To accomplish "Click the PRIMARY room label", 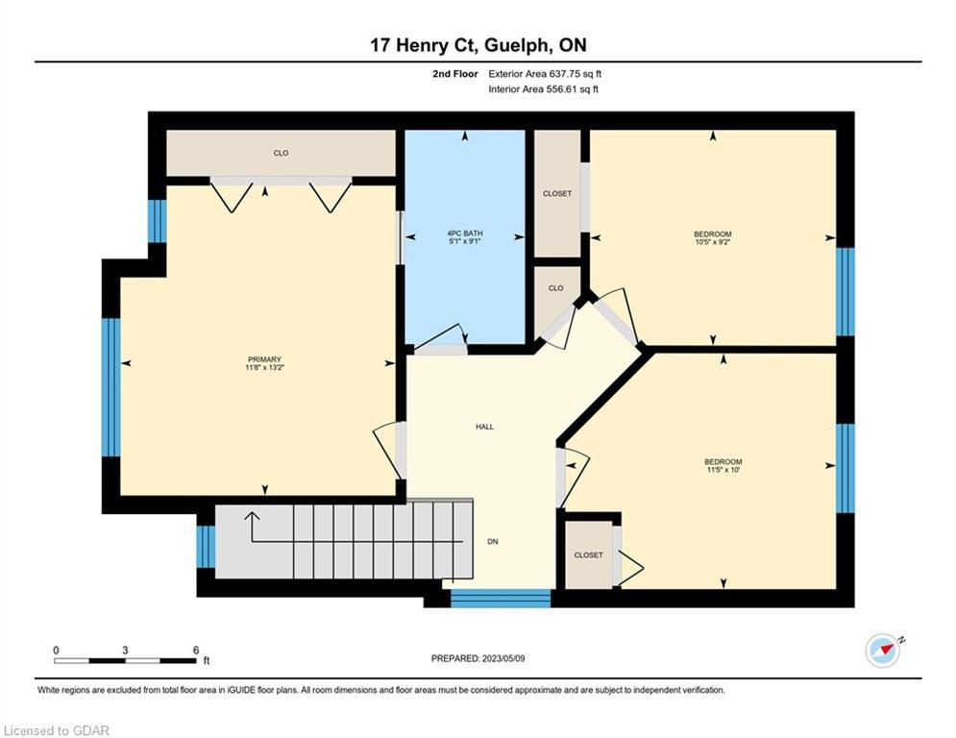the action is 264,359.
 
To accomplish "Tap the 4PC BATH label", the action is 465,233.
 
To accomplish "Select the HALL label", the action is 484,427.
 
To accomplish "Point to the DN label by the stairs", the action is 493,542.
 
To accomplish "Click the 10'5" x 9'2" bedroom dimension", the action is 712,242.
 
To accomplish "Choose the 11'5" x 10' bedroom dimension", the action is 723,470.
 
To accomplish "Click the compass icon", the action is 883,651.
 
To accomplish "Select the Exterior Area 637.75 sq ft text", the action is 545,74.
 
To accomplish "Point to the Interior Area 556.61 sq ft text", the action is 543,89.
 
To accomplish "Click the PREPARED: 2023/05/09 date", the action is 478,658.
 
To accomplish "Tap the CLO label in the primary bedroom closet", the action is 282,153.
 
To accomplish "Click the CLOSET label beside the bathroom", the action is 557,193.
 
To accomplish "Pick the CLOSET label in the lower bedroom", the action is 588,555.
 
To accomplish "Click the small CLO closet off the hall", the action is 555,288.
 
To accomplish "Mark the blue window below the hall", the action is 501,599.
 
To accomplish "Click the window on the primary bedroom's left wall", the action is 110,387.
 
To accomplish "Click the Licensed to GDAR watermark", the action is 56,730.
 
